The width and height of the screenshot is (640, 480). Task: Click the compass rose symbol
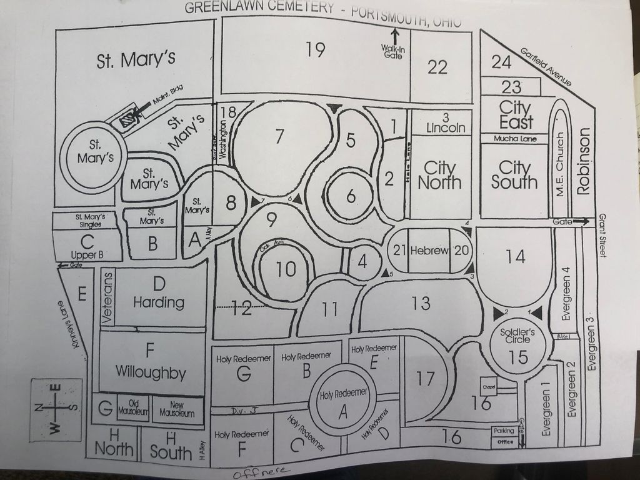[x=55, y=409]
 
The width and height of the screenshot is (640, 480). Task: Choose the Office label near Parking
[x=505, y=442]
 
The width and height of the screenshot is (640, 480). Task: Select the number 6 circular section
[x=351, y=196]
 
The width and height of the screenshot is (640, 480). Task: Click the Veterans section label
[x=106, y=297]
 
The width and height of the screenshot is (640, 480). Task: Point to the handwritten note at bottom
[x=262, y=471]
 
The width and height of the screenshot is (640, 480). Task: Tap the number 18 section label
[x=229, y=112]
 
